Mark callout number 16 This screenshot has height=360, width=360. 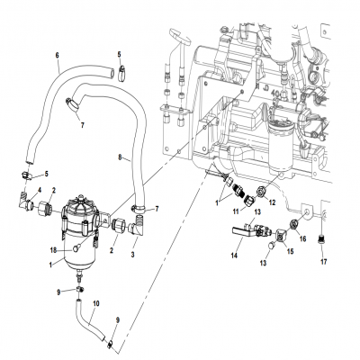point(302,238)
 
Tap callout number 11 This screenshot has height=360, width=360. point(238,210)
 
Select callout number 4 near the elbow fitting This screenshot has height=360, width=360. point(39,188)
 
